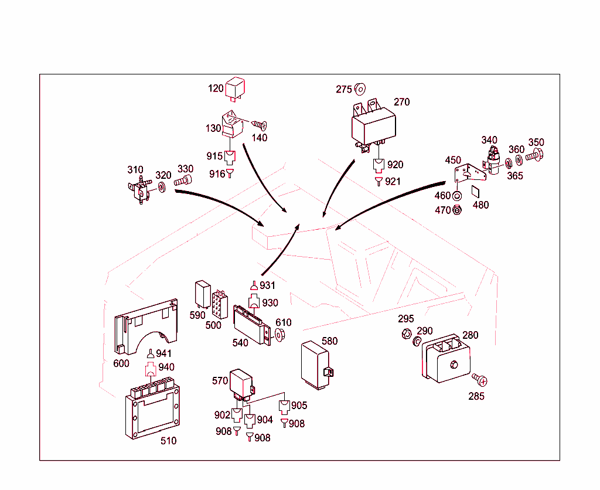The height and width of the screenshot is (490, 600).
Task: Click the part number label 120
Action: click(x=216, y=89)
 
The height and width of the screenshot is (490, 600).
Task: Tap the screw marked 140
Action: click(x=260, y=124)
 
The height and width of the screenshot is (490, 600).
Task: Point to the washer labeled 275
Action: click(x=360, y=89)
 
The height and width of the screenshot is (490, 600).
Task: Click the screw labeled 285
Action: click(x=478, y=379)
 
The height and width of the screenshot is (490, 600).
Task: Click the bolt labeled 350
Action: click(x=534, y=156)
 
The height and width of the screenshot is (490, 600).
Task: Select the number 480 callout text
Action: click(x=480, y=205)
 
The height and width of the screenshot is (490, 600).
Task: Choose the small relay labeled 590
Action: click(x=203, y=292)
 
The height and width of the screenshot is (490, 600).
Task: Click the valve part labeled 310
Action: click(x=139, y=189)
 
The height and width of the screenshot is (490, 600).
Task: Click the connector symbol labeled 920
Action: click(x=379, y=165)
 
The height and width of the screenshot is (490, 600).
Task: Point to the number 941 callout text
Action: click(x=164, y=353)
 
